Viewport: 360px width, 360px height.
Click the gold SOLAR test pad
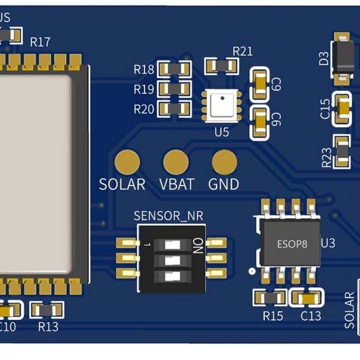(x=127, y=161)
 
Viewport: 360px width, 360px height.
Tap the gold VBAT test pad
(x=176, y=161)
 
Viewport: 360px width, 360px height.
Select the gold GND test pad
(x=224, y=161)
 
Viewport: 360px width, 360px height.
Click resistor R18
(x=174, y=70)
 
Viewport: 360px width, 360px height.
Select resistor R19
(x=174, y=89)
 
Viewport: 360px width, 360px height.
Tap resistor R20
(x=174, y=109)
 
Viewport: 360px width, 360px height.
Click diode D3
(x=344, y=58)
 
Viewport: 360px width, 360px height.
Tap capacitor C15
(x=343, y=109)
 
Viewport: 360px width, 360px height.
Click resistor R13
(x=47, y=310)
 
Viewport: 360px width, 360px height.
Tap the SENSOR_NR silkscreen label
(x=169, y=216)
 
